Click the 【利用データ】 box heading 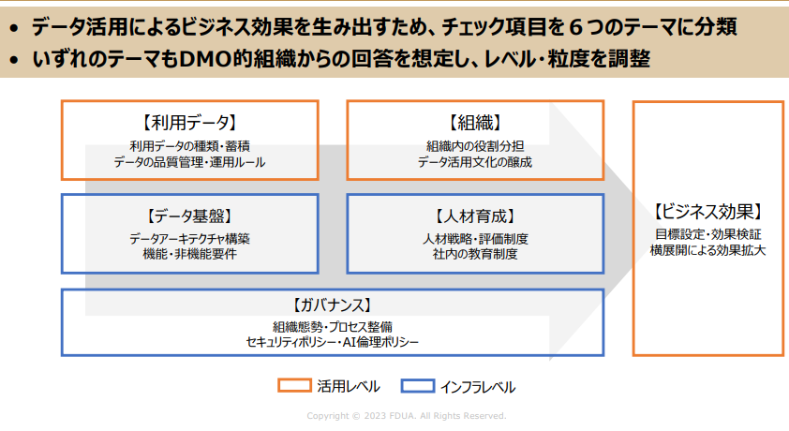click(189, 122)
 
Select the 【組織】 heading click(475, 122)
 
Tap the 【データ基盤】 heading click(189, 216)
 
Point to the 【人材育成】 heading click(475, 216)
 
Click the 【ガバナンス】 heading click(332, 305)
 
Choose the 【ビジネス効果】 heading click(708, 212)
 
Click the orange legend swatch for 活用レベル click(294, 386)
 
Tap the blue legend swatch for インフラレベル click(418, 386)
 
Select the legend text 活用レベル click(349, 386)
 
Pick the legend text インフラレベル click(478, 387)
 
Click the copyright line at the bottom click(407, 416)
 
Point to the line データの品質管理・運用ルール click(189, 162)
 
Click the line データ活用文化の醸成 click(475, 162)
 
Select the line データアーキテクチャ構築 click(189, 238)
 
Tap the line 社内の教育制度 click(475, 254)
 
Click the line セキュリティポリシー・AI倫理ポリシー click(332, 343)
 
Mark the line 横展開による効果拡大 click(708, 250)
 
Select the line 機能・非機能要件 click(189, 254)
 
